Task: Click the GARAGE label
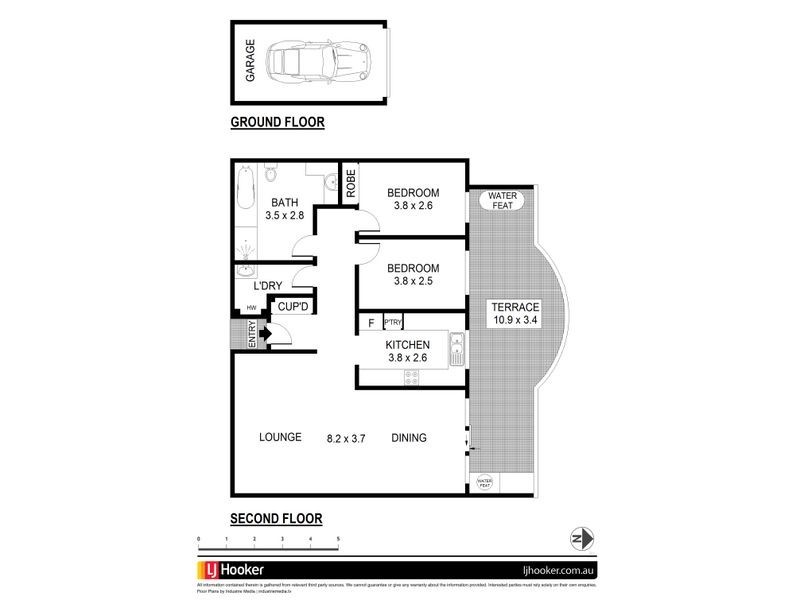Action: pos(250,60)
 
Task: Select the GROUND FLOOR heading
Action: pos(277,123)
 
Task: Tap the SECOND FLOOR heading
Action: pos(277,519)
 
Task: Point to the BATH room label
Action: pos(283,202)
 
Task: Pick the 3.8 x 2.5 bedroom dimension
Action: pos(413,282)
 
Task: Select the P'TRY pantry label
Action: pos(393,323)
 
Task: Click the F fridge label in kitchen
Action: pos(371,323)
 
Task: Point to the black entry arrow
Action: pos(265,333)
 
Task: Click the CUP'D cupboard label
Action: pos(295,307)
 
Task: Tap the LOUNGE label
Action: pos(280,437)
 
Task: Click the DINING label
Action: pos(409,437)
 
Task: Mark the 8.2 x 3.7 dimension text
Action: pos(347,437)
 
